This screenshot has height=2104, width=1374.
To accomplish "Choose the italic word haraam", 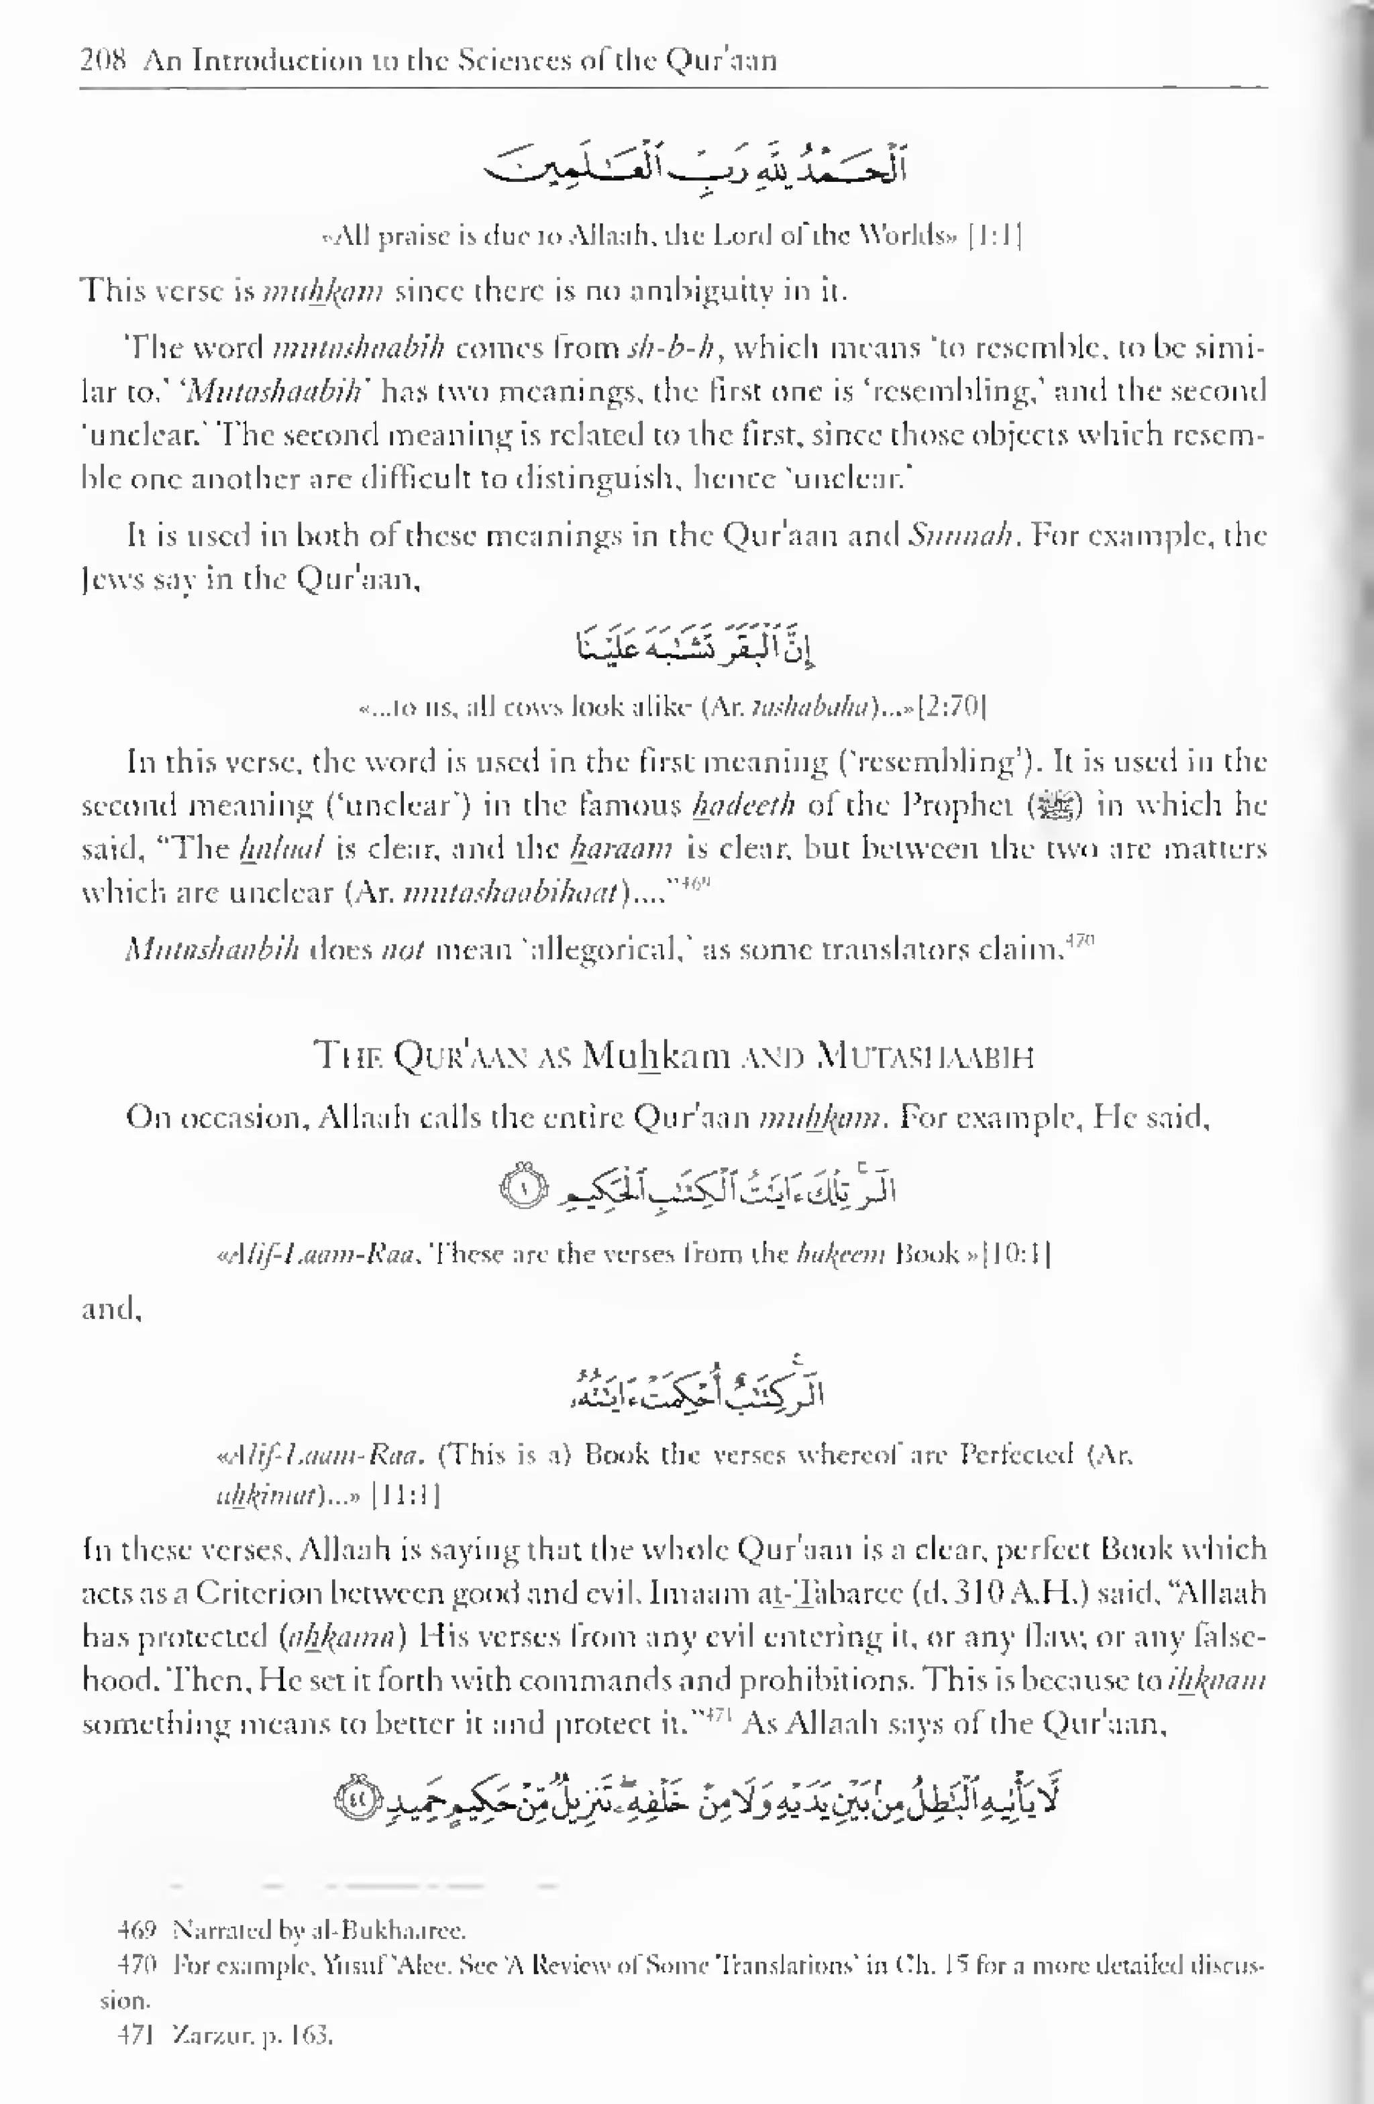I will coord(621,849).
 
